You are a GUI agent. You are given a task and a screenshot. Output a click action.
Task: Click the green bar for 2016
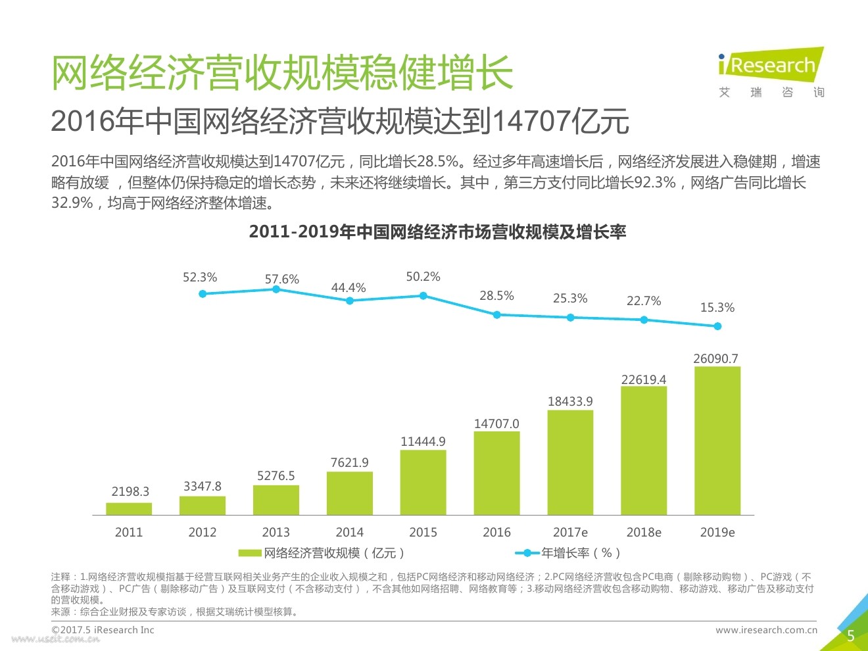tap(496, 473)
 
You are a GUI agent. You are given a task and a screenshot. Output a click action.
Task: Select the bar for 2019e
tap(717, 441)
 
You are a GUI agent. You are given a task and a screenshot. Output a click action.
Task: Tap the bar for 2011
tap(129, 508)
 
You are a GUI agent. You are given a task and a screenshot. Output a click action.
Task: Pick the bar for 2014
tap(349, 493)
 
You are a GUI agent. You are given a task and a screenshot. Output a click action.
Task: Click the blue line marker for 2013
tap(276, 289)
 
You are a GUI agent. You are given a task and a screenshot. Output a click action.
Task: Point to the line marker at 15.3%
tap(717, 326)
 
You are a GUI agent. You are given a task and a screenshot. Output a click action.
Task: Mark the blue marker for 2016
tap(496, 315)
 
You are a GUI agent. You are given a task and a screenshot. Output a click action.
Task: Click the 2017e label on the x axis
tap(570, 532)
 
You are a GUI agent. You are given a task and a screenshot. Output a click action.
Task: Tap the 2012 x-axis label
tap(203, 532)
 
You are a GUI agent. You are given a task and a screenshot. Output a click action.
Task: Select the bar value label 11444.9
tap(423, 441)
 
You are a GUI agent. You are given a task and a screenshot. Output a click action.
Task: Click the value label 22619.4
tap(644, 379)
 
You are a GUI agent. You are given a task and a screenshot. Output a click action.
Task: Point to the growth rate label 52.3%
tap(200, 277)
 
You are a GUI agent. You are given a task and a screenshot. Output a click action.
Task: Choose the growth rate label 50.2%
tap(423, 277)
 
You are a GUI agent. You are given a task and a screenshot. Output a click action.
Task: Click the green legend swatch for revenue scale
tap(250, 553)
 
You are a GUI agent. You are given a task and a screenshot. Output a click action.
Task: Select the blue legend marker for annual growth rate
tap(527, 553)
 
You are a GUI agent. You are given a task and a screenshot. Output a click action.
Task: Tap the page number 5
tap(850, 636)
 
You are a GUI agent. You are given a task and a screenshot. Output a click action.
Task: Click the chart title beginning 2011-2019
tap(437, 232)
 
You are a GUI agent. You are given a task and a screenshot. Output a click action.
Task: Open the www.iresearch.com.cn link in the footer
tap(766, 630)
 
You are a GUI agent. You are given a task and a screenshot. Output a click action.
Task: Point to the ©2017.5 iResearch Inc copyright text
tap(103, 630)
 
